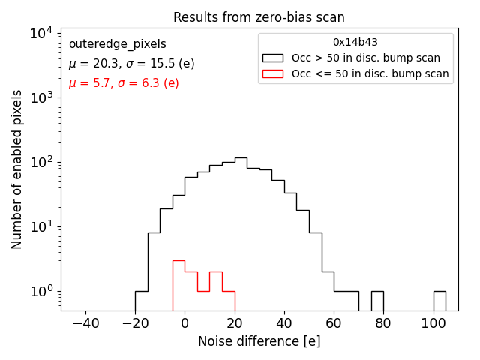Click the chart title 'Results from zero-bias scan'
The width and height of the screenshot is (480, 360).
[x=259, y=17]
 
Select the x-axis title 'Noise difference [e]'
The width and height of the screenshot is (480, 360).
[x=259, y=341]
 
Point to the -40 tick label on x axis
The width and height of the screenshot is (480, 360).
[x=85, y=322]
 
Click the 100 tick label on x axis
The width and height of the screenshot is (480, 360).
[x=433, y=322]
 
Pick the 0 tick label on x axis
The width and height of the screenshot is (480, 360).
[x=184, y=322]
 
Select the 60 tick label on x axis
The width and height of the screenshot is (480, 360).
[x=334, y=322]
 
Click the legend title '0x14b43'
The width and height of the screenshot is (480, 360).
[x=355, y=43]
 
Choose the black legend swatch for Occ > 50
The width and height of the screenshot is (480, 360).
[x=273, y=58]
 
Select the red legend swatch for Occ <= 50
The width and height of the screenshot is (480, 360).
[x=273, y=73]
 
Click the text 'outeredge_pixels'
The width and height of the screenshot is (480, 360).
[x=117, y=45]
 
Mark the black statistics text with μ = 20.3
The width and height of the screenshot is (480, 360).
[x=131, y=64]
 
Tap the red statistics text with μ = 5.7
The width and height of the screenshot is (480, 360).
[x=124, y=82]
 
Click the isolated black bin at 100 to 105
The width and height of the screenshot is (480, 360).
[x=439, y=300]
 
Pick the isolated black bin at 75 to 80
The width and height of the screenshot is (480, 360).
[x=377, y=300]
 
